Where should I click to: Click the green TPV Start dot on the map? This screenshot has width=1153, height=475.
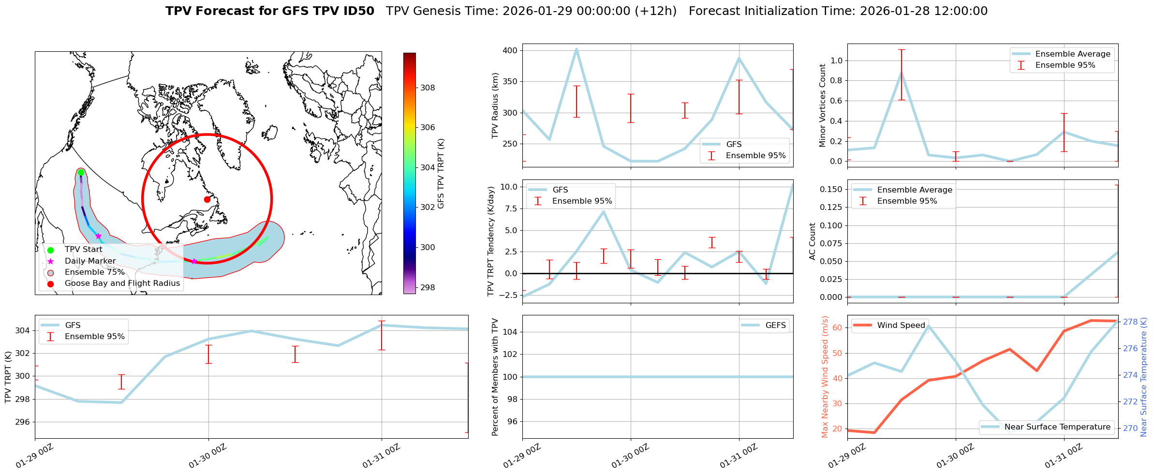click(x=81, y=173)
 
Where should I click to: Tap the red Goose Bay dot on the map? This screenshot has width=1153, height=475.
click(x=207, y=199)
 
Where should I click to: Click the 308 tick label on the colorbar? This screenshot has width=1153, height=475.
click(x=428, y=88)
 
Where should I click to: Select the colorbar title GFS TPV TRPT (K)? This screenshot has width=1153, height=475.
click(x=441, y=174)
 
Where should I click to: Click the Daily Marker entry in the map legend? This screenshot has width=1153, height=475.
click(x=90, y=261)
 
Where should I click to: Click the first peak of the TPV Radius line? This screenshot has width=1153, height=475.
click(x=576, y=49)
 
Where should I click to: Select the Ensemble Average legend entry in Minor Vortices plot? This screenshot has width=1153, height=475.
click(x=1073, y=54)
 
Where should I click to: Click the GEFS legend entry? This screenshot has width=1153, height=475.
click(x=775, y=326)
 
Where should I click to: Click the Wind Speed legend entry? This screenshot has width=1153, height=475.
click(x=901, y=326)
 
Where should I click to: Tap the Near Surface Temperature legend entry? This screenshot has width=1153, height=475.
click(x=1057, y=427)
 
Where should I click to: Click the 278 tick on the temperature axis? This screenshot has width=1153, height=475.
click(x=1130, y=322)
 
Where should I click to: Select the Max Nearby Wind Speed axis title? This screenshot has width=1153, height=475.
click(x=825, y=377)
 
